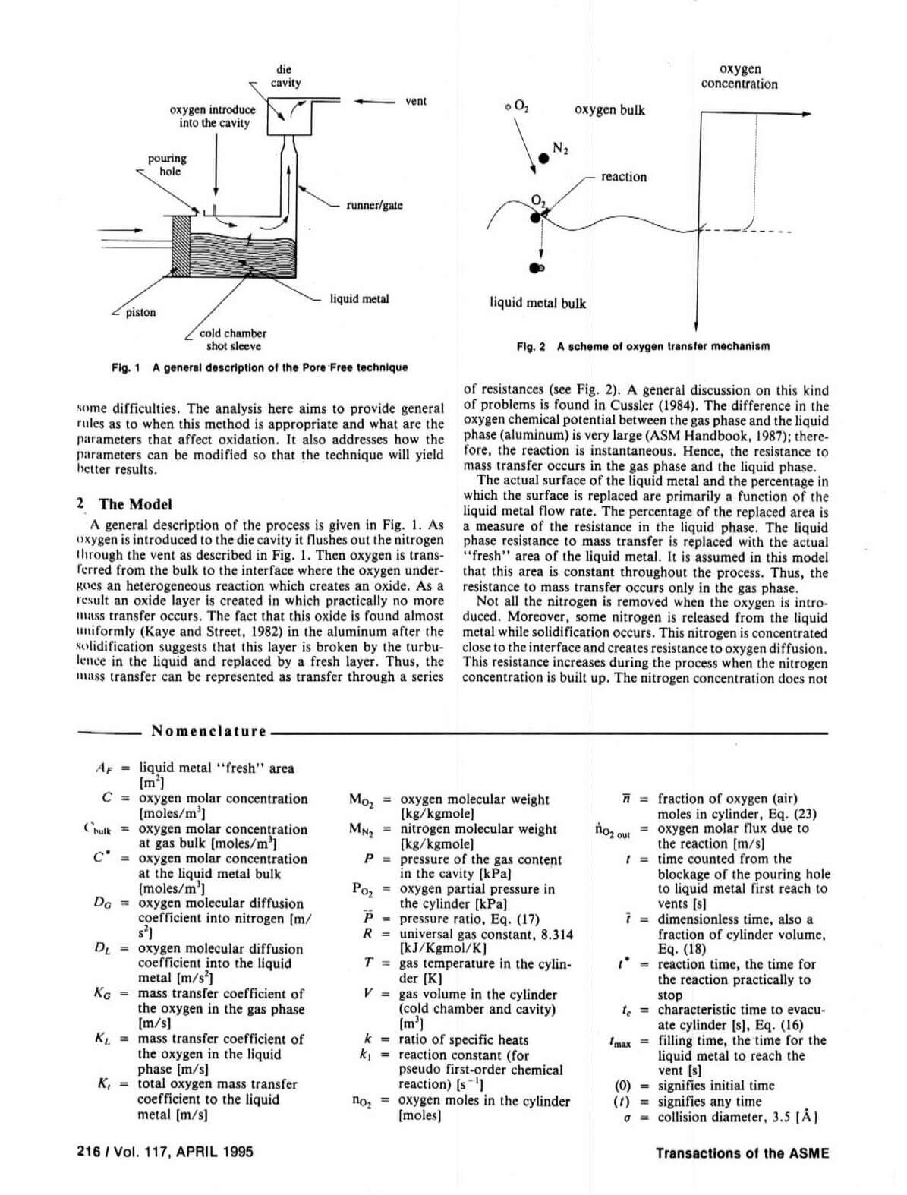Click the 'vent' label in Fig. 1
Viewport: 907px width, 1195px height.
pyautogui.click(x=416, y=101)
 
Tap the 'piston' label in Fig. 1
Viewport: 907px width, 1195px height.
pyautogui.click(x=140, y=312)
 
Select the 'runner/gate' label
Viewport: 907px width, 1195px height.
pyautogui.click(x=374, y=205)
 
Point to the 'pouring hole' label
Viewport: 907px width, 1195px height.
pyautogui.click(x=167, y=165)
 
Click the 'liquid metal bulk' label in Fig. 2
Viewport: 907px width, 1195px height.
pyautogui.click(x=537, y=303)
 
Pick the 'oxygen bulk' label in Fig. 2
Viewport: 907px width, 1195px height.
pyautogui.click(x=609, y=110)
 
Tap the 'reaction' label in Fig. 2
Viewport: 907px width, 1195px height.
pyautogui.click(x=624, y=177)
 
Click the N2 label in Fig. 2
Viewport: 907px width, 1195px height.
pyautogui.click(x=560, y=148)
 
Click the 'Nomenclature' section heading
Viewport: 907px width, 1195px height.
pyautogui.click(x=209, y=731)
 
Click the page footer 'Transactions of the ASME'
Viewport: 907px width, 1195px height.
pyautogui.click(x=742, y=1153)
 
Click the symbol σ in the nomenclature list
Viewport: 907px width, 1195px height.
pyautogui.click(x=628, y=1118)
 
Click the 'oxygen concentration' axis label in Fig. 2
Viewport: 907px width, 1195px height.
pyautogui.click(x=739, y=77)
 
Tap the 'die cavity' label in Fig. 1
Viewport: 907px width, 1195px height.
pyautogui.click(x=285, y=76)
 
